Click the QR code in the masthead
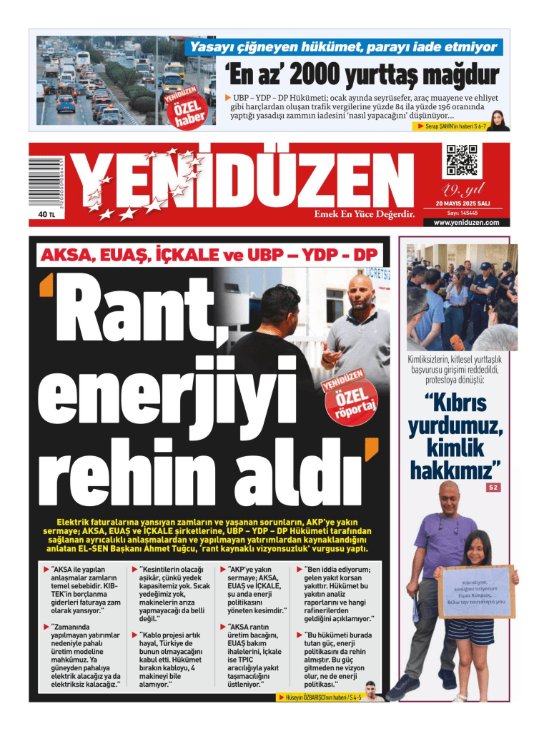(x=461, y=161)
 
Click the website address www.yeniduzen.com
(x=466, y=223)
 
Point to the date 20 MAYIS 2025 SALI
(x=465, y=203)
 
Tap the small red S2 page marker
(x=493, y=487)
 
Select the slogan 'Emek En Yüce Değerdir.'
(x=365, y=213)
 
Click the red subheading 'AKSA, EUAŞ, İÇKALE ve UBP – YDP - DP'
(x=209, y=255)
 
